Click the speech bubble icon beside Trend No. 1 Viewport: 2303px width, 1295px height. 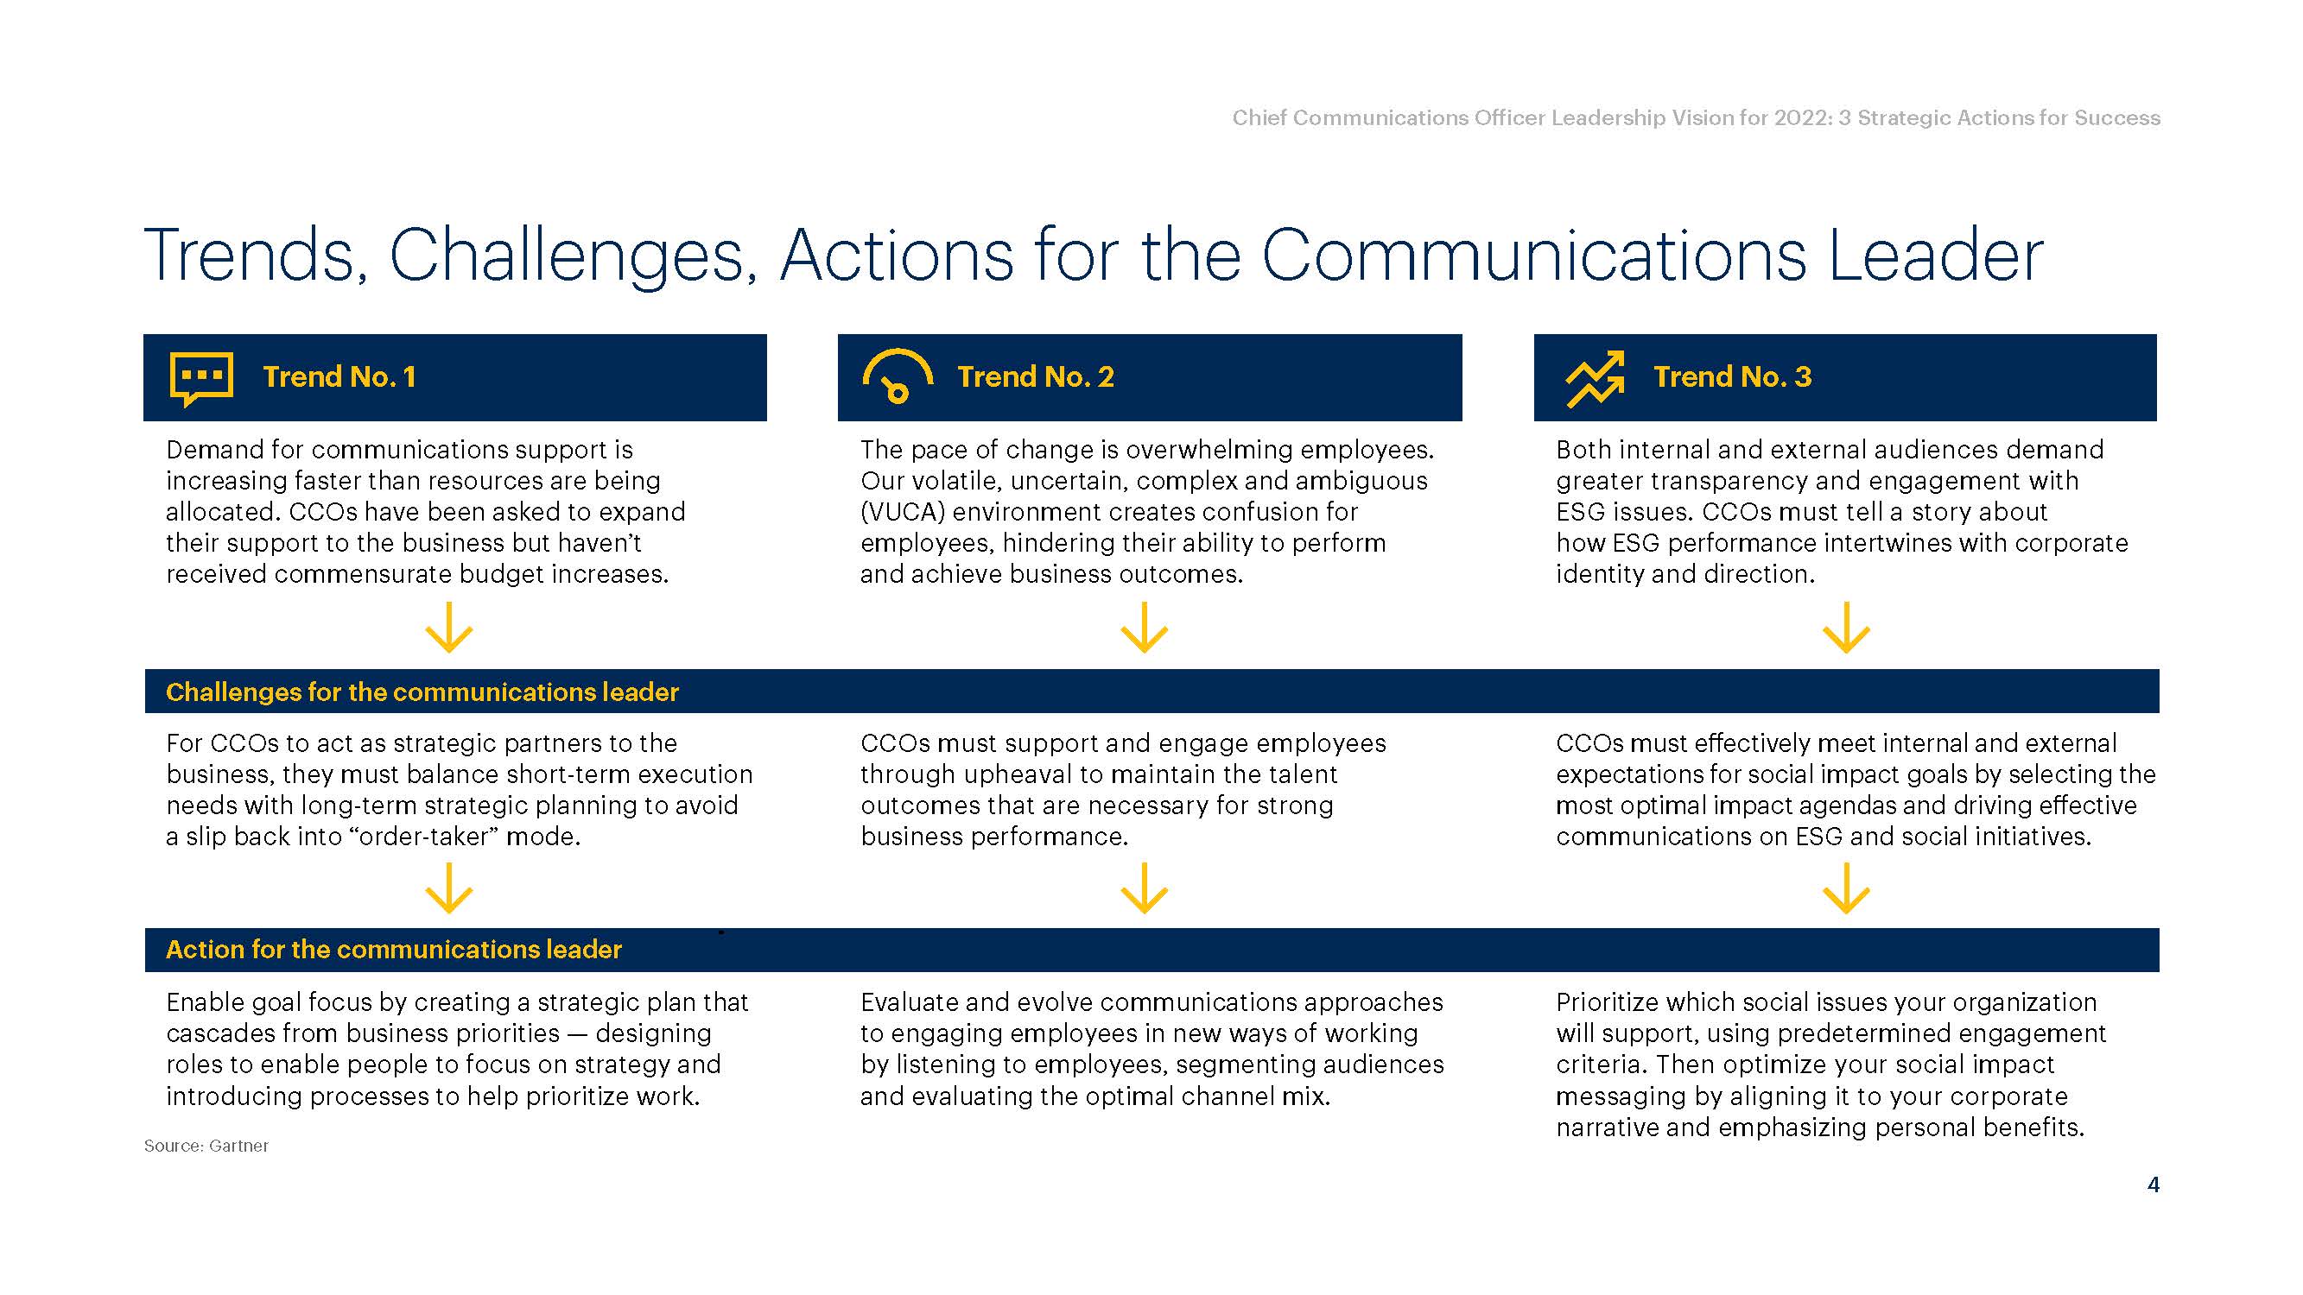pos(201,378)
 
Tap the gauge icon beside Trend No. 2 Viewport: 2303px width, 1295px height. pos(898,375)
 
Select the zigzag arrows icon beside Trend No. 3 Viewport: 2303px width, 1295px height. pos(1595,379)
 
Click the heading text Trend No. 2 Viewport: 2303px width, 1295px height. pos(1035,376)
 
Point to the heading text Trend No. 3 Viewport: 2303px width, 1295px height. pos(1732,376)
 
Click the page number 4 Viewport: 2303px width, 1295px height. pos(2153,1184)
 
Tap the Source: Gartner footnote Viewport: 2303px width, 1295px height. pos(206,1146)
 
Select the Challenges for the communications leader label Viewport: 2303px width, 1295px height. pos(422,692)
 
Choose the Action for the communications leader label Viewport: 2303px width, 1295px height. pos(393,949)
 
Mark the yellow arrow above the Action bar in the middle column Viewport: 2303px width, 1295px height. pos(1145,888)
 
